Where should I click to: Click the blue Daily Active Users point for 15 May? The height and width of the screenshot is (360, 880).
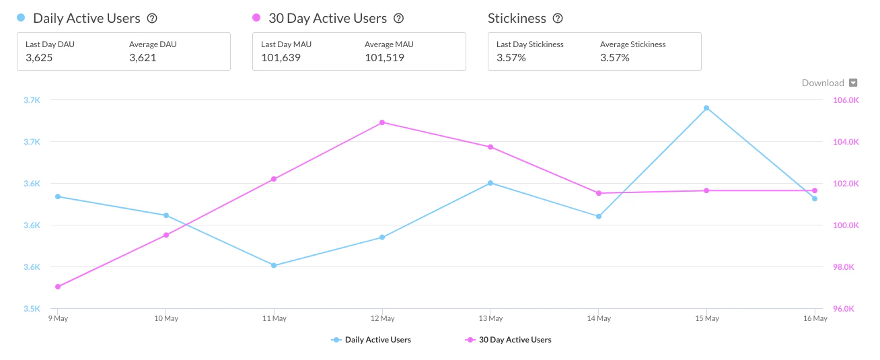click(x=706, y=108)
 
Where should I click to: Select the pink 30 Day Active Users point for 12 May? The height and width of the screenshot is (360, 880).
click(x=382, y=122)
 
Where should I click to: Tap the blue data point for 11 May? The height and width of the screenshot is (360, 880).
click(x=274, y=265)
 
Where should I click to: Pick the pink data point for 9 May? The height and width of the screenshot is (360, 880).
click(x=58, y=287)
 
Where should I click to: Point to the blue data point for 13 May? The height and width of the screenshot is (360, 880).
click(x=490, y=183)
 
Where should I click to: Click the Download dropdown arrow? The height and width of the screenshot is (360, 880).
click(x=853, y=83)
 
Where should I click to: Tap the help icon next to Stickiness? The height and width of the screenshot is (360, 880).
click(x=558, y=19)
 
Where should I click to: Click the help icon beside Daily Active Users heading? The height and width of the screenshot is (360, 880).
click(x=152, y=19)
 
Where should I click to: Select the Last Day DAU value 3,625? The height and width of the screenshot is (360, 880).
click(x=39, y=58)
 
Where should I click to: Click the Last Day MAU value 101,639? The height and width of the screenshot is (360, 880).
click(x=281, y=58)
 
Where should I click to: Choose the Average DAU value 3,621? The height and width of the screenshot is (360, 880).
click(x=143, y=58)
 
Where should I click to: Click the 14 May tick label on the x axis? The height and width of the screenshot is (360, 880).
click(x=599, y=318)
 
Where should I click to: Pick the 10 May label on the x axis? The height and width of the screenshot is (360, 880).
click(x=166, y=318)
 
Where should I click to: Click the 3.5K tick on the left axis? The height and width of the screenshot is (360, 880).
click(x=32, y=309)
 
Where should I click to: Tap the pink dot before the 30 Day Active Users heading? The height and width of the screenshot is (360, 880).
click(x=256, y=18)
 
